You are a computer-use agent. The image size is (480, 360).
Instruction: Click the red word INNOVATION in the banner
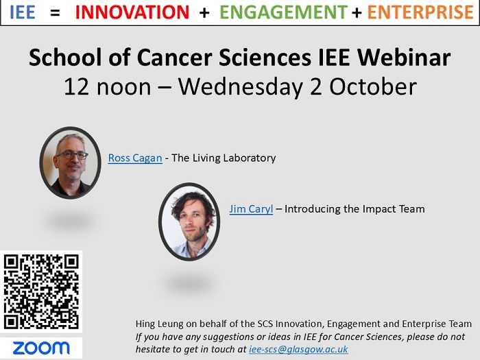coord(132,12)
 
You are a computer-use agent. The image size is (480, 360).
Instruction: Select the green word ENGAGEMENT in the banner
coord(283,12)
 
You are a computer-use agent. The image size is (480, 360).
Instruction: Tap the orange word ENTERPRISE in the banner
coord(420,12)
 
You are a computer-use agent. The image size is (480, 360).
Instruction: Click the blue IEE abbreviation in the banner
coord(23,12)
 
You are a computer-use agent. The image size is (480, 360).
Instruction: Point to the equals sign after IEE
coord(55,12)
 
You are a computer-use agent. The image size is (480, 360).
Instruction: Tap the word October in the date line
coord(373,86)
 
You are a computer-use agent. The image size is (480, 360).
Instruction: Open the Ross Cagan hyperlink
coord(135,158)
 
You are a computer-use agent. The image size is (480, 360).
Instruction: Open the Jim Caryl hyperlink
coord(251,209)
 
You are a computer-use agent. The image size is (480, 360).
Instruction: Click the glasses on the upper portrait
coord(72,155)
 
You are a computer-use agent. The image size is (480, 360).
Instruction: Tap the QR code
coord(41,291)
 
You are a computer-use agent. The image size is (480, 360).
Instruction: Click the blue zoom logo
coord(41,348)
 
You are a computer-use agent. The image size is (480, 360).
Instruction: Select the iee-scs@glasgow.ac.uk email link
coord(298,349)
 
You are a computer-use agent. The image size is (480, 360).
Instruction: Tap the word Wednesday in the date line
coord(240,87)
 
